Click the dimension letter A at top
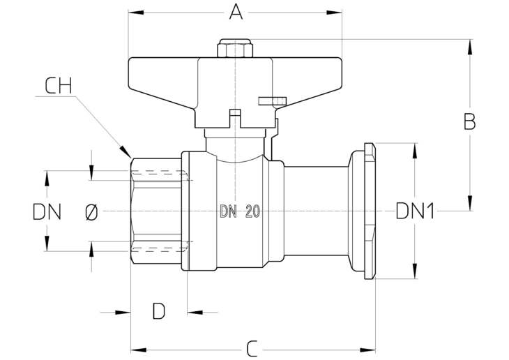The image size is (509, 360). coord(236,13)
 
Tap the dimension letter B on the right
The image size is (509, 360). coord(469,121)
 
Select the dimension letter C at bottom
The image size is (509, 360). coord(252,349)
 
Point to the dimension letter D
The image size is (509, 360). coord(159,311)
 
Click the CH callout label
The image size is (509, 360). coord(58,86)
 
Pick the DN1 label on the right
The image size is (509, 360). coord(415,211)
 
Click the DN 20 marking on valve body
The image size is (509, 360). coord(241,211)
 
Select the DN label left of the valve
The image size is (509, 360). coord(47,211)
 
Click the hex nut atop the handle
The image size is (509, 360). coord(235,48)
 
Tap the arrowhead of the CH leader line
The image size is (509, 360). coord(125,151)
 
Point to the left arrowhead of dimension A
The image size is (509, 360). coord(136,13)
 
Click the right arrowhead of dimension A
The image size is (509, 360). coord(334,13)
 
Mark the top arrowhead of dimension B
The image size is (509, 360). coord(470,47)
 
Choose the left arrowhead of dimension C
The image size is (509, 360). coord(139,350)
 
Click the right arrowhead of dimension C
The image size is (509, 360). coord(367,350)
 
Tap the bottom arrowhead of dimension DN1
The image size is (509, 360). coord(415,271)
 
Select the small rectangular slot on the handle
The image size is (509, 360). coord(272,101)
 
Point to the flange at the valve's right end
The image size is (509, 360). coord(370,211)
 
